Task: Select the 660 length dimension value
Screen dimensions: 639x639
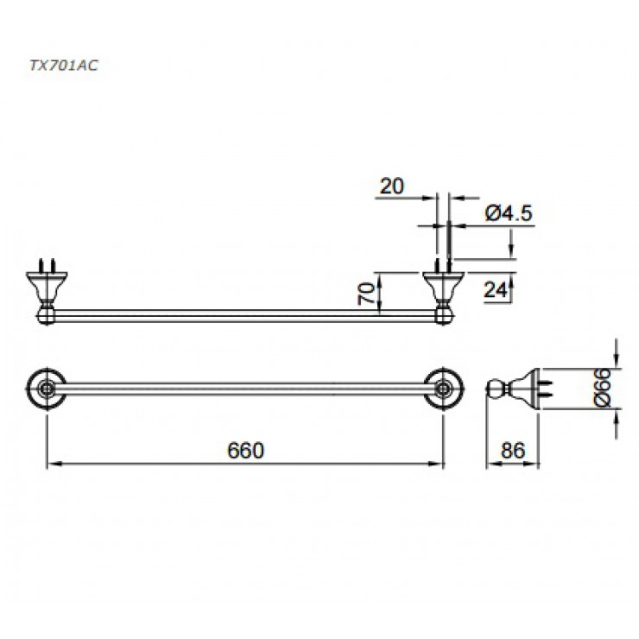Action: pyautogui.click(x=244, y=450)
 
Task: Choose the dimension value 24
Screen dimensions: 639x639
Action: pyautogui.click(x=494, y=290)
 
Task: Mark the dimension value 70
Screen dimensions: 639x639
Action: pyautogui.click(x=366, y=294)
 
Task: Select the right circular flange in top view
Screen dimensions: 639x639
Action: pyautogui.click(x=444, y=389)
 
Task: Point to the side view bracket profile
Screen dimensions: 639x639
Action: pyautogui.click(x=514, y=389)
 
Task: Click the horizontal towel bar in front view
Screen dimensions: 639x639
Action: pyautogui.click(x=244, y=315)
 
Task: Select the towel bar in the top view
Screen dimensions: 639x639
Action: pyautogui.click(x=244, y=389)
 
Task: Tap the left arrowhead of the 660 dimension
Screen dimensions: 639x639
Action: pyautogui.click(x=50, y=465)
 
